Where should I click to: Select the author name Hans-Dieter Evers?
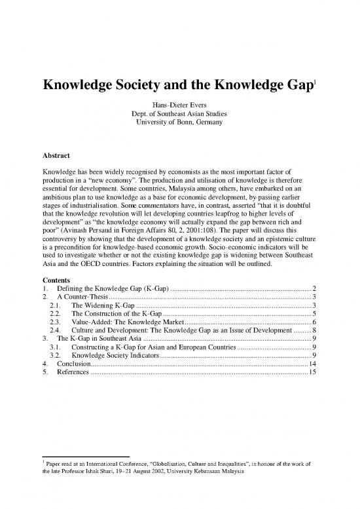tap(179, 104)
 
